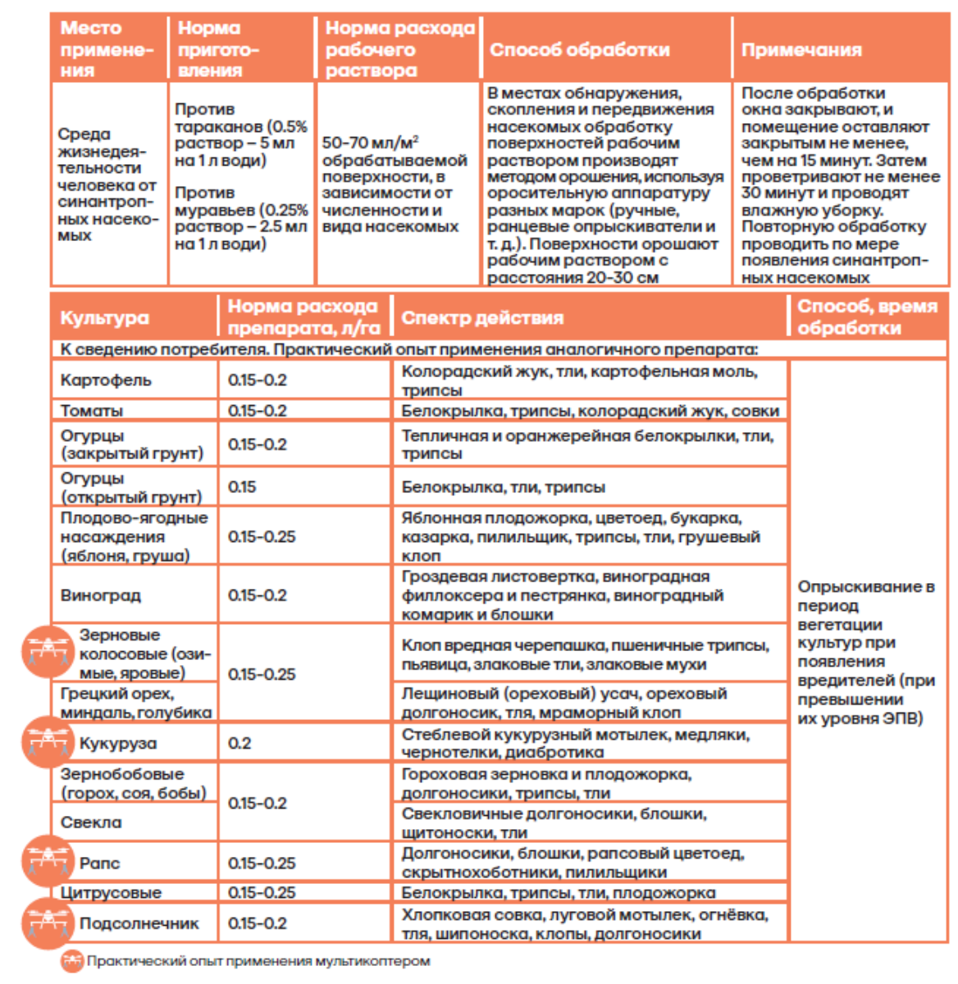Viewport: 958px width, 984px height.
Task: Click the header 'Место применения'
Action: click(107, 49)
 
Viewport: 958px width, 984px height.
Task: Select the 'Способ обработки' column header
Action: click(579, 50)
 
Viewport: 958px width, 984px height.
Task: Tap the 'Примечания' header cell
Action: click(801, 50)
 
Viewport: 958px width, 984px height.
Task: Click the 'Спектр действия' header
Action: click(481, 318)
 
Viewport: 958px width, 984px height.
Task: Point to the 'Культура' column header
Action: click(104, 318)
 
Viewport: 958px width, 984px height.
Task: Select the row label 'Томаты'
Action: click(91, 411)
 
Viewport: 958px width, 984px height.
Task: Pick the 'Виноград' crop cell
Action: click(100, 595)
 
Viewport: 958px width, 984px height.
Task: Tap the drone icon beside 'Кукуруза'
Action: click(48, 742)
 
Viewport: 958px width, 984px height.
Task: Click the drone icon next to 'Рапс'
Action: click(48, 862)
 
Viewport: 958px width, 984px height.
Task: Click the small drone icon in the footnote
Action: click(72, 961)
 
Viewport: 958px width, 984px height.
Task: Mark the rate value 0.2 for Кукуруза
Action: click(239, 743)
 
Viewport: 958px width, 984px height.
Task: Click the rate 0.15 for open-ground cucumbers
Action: click(242, 487)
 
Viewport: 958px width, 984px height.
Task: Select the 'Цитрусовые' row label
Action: click(111, 892)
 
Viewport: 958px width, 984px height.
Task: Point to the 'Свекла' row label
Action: click(90, 822)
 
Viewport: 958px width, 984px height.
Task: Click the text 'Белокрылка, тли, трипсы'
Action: click(503, 487)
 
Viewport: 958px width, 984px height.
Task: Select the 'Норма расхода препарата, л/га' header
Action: click(303, 317)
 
